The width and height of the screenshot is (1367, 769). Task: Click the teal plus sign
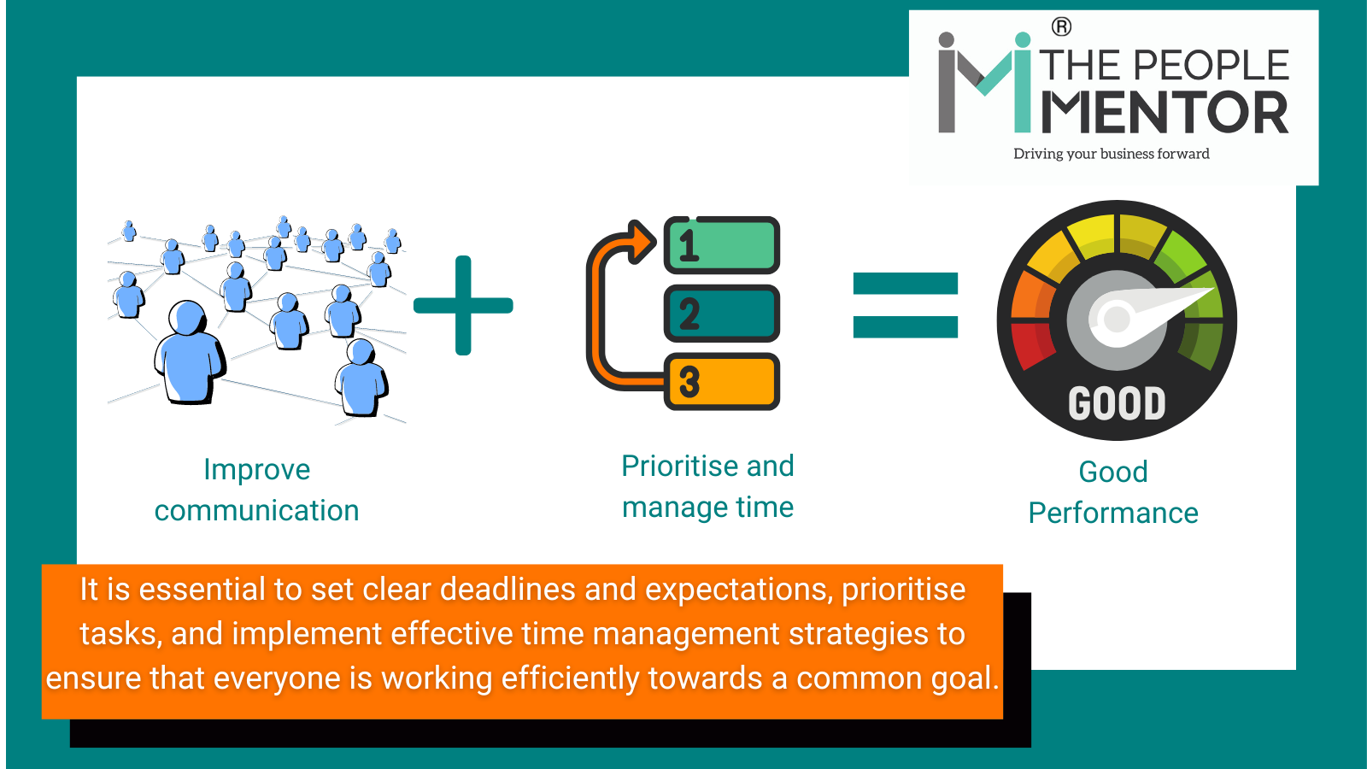click(463, 305)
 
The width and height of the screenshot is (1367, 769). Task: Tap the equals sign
click(906, 305)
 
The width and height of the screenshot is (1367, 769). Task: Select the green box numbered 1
click(723, 245)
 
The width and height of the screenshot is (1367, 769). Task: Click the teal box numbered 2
click(723, 314)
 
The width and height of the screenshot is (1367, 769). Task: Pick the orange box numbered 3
click(723, 382)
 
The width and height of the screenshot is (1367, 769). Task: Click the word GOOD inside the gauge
click(1117, 403)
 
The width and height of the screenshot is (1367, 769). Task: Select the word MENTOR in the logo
click(1165, 114)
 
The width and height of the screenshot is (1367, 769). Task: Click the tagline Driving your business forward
click(1111, 154)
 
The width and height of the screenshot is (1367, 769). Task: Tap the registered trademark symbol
click(1061, 27)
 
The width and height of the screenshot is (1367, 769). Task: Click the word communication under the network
click(256, 511)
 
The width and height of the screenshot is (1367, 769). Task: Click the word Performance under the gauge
click(1113, 514)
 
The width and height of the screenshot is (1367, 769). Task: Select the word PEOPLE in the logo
click(1212, 66)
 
